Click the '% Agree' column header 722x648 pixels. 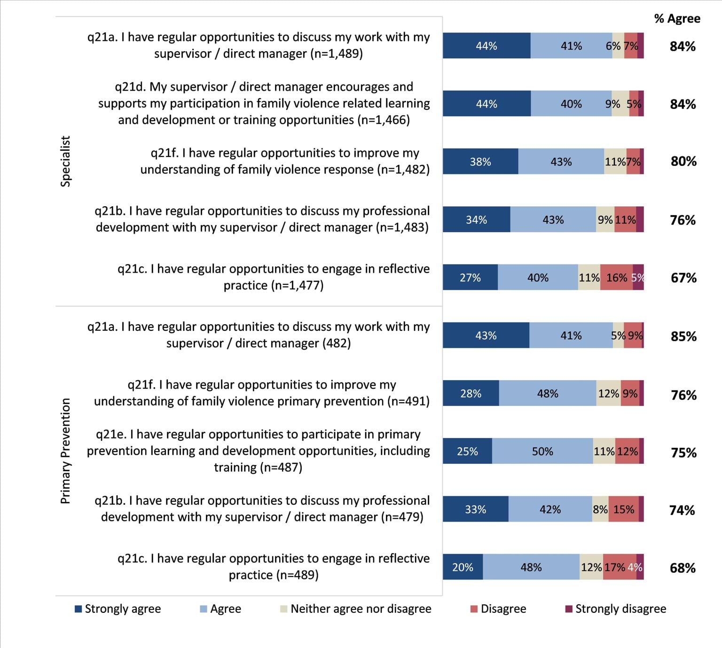tap(677, 19)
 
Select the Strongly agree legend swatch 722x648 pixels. tap(78, 609)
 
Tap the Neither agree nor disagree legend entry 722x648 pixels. tap(355, 609)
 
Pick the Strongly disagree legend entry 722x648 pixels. tap(615, 609)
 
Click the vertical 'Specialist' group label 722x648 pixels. tap(65, 161)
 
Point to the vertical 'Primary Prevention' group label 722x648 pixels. tap(65, 451)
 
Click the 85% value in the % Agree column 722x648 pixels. tap(683, 336)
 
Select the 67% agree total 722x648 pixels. tap(683, 278)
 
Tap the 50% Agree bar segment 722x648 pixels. tap(542, 451)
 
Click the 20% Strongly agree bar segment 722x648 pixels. tap(463, 567)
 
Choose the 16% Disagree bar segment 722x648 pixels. tap(616, 278)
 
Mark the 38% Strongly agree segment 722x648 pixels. tap(480, 162)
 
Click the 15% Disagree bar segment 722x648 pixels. tap(623, 509)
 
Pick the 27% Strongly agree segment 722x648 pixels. tap(470, 278)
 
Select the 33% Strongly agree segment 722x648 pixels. tap(475, 509)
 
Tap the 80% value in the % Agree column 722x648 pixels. tap(683, 162)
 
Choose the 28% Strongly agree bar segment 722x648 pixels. tap(471, 393)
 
